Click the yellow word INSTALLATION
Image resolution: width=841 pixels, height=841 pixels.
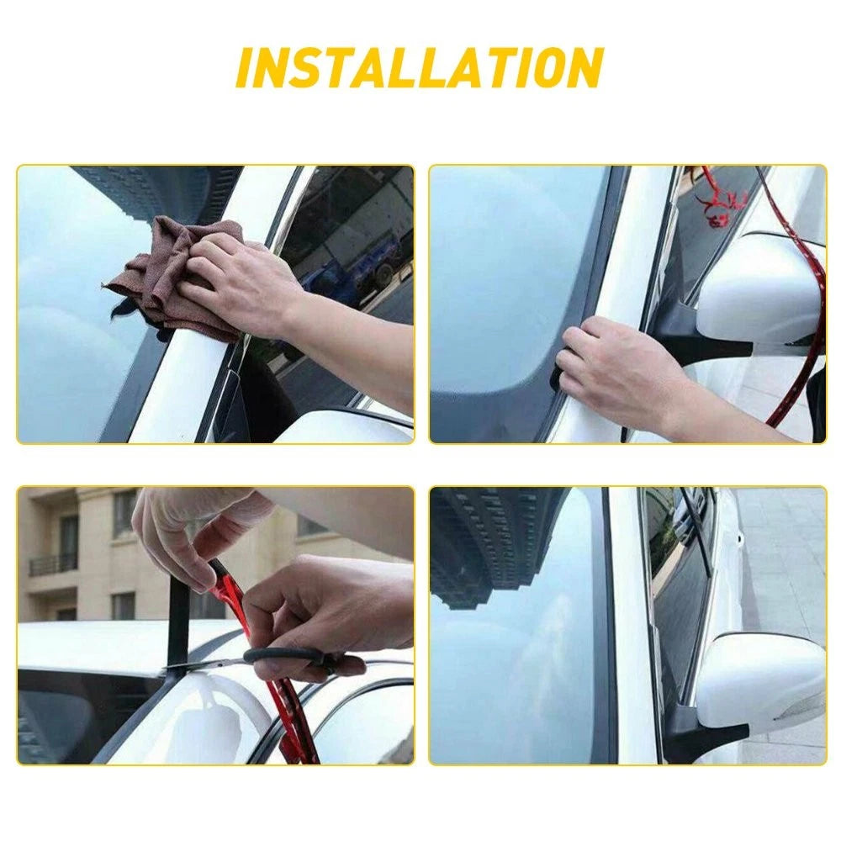[419, 67]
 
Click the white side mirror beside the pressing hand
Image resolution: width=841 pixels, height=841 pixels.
[757, 294]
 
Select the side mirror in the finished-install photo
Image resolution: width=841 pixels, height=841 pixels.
[761, 681]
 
